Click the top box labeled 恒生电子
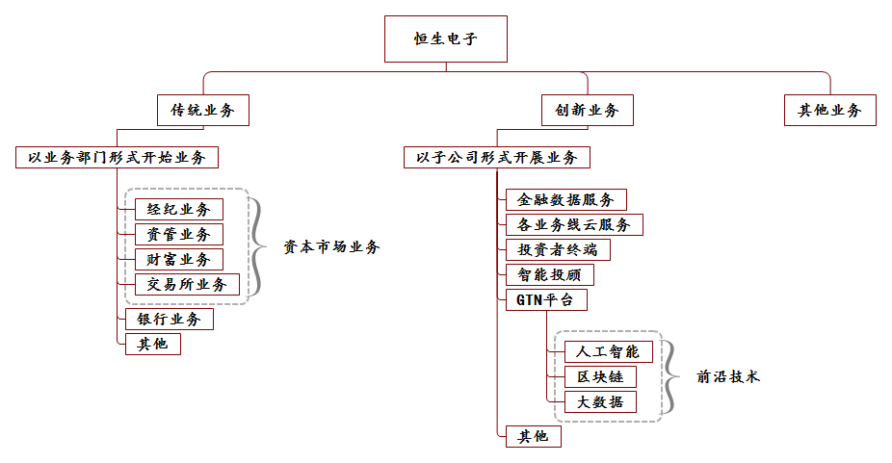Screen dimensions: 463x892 coord(445,40)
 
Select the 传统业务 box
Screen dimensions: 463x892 coord(202,111)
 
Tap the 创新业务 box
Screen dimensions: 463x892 coord(580,111)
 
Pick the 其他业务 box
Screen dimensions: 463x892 coord(829,111)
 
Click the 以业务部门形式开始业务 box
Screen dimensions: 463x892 coord(117,157)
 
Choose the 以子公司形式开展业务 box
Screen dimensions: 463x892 coord(496,157)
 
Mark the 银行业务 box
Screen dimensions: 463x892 coord(169,319)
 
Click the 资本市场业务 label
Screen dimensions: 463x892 coord(331,247)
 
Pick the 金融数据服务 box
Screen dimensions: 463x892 coord(565,199)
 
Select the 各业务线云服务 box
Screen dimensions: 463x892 coord(573,224)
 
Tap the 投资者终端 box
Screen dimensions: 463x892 coord(557,249)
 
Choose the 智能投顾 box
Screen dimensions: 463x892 coord(549,274)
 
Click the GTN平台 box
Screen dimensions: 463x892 coord(545,299)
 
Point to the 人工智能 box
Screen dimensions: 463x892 coord(601,351)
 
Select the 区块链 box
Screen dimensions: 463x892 coord(593,376)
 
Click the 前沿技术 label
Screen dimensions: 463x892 coord(728,377)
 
